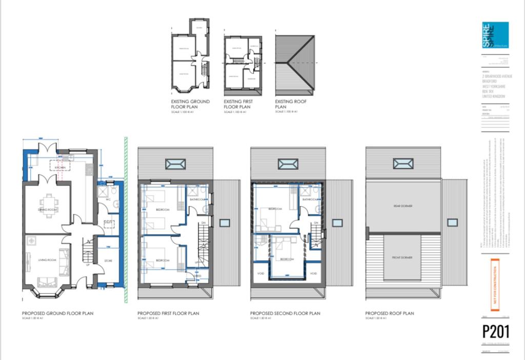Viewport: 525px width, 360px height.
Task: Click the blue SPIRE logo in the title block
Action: point(495,35)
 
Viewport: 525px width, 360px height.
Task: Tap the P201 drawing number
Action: point(496,332)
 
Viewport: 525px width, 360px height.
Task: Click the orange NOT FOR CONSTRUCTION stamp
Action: point(495,285)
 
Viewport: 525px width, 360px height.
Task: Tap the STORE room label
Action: point(108,261)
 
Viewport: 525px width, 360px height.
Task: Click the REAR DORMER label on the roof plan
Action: point(403,206)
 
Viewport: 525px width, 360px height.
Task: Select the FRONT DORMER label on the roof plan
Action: point(403,257)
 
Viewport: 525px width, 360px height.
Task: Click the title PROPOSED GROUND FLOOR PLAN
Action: point(57,313)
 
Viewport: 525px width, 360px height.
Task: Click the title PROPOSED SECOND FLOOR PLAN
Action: point(285,313)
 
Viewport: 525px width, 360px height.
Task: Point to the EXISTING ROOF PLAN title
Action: point(291,104)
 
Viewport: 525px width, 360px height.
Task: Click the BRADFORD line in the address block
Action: point(490,81)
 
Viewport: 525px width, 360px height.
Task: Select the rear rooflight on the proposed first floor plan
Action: point(175,164)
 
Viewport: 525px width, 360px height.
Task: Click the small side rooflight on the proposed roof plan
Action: point(451,223)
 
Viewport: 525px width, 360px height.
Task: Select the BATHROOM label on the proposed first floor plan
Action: point(197,199)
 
